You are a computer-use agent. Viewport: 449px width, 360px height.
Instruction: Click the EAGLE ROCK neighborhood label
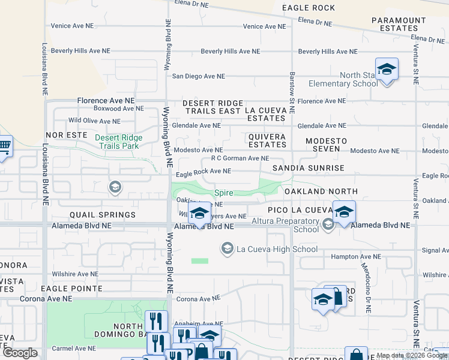point(309,8)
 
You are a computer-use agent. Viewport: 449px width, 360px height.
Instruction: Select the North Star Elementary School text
point(343,80)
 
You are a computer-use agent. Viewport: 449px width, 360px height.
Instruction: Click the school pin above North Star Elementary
point(387,70)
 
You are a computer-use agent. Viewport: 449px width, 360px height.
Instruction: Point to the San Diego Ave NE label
point(198,77)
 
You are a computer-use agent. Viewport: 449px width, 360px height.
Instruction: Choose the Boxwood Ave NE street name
point(118,109)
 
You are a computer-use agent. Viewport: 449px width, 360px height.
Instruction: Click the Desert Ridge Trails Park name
point(117,142)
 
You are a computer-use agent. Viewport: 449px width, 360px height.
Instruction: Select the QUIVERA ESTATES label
point(267,141)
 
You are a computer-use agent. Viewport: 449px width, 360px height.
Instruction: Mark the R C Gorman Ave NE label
point(240,158)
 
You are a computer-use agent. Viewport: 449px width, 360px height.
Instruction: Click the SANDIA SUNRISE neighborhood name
point(309,168)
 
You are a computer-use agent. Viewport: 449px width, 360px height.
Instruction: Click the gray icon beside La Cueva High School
point(227,248)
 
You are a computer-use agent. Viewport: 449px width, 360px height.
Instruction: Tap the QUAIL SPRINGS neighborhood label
point(103,214)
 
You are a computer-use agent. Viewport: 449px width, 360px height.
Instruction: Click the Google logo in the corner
point(20,353)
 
